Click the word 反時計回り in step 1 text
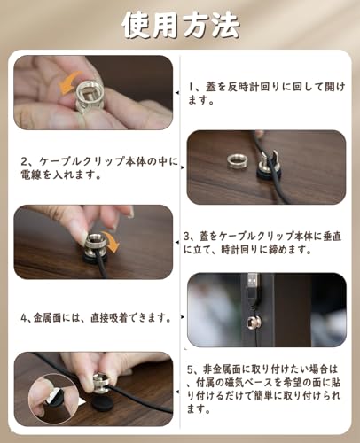click(x=262, y=87)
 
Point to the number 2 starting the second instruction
click(x=23, y=162)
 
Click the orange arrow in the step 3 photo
click(x=111, y=240)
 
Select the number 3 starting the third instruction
click(x=188, y=237)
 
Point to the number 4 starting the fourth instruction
click(x=24, y=316)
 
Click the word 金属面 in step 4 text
click(x=59, y=316)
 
